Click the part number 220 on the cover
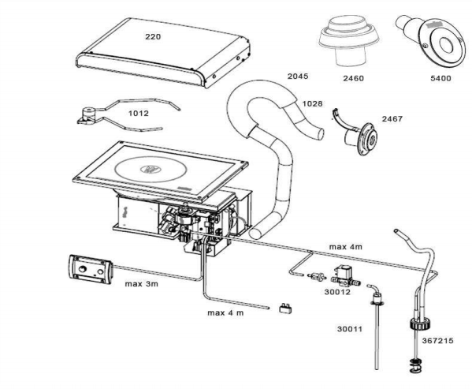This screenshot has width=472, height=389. (153, 37)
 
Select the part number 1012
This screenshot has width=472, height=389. (139, 114)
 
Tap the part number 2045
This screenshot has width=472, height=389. (298, 77)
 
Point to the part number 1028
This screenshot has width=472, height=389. (312, 104)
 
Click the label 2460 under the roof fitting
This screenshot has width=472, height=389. (353, 78)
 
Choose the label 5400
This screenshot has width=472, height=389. (440, 78)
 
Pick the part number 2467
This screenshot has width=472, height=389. (392, 119)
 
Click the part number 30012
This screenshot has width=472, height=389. (337, 292)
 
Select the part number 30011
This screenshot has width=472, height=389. (350, 329)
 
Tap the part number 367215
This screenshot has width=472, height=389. (437, 341)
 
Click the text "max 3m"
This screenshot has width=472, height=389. (142, 284)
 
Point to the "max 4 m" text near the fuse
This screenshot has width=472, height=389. (225, 313)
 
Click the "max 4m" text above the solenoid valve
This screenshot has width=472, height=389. (346, 247)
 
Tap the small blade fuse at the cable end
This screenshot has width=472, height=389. (286, 309)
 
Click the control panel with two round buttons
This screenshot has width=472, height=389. (91, 269)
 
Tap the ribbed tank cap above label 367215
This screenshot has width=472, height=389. (420, 324)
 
